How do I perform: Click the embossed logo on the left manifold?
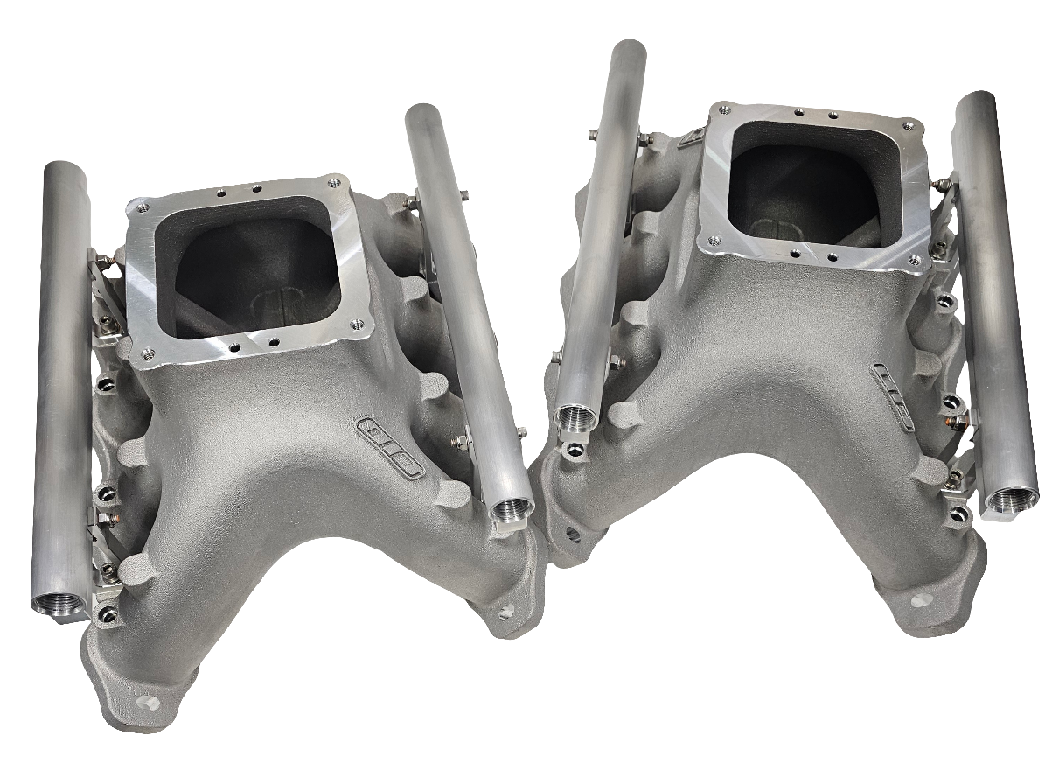click(x=389, y=448)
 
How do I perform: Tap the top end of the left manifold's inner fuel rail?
click(x=423, y=111)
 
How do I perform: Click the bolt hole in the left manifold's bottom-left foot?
click(x=145, y=702)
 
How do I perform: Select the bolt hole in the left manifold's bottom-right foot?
click(x=505, y=612)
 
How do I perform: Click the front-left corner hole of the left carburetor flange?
click(x=146, y=353)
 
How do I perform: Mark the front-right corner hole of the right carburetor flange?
click(x=914, y=260)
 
